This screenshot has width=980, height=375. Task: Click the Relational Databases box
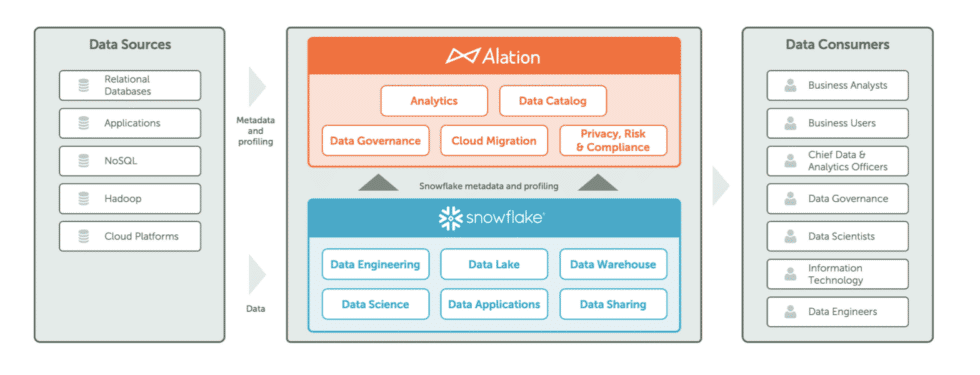(x=130, y=85)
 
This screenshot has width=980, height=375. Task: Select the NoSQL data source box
(x=130, y=161)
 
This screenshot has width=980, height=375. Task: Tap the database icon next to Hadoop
(x=82, y=199)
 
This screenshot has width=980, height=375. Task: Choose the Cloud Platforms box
(x=130, y=237)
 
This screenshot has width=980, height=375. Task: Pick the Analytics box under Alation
(x=434, y=101)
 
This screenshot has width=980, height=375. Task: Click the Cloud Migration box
(x=493, y=141)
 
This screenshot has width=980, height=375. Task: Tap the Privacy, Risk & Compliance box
(x=612, y=141)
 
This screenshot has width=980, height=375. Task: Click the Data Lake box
(x=493, y=265)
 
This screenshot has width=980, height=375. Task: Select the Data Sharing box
(x=612, y=304)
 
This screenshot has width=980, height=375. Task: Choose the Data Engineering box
(x=375, y=265)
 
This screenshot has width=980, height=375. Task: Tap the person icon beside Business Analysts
(x=790, y=86)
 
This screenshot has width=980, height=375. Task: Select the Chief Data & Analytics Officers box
(x=838, y=161)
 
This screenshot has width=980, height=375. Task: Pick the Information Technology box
(x=838, y=274)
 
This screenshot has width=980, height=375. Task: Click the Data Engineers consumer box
(x=838, y=312)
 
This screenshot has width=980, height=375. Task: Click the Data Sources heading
(x=130, y=45)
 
